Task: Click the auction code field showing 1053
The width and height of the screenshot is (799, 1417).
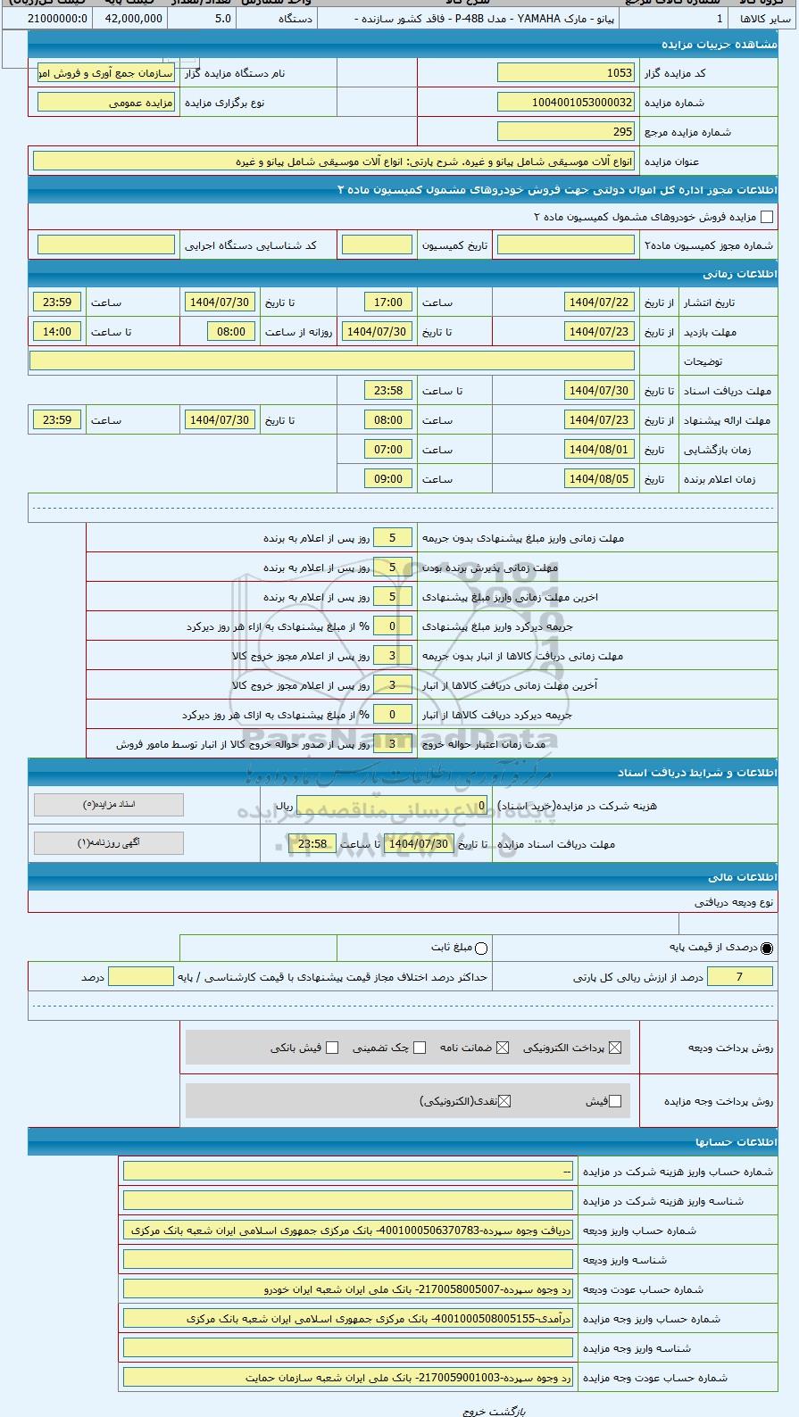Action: [x=565, y=73]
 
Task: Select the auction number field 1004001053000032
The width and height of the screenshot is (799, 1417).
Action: [x=565, y=103]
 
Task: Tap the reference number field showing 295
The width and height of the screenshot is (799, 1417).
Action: [x=565, y=132]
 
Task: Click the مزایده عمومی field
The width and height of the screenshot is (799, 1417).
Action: [x=106, y=103]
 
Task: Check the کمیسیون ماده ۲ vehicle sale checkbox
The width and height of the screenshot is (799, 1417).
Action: [x=766, y=217]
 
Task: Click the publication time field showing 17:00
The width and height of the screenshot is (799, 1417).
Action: [x=388, y=302]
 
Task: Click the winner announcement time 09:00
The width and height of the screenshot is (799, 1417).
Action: [x=388, y=479]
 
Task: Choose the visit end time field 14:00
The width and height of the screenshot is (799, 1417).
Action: [x=57, y=332]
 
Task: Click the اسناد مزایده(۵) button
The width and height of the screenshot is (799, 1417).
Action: [x=109, y=805]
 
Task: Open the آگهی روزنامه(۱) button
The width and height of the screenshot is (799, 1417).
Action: [x=109, y=843]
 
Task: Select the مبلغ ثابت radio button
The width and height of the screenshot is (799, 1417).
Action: [x=481, y=948]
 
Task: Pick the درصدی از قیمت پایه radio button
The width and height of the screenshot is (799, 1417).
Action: [x=767, y=948]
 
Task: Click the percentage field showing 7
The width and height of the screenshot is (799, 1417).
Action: [x=739, y=977]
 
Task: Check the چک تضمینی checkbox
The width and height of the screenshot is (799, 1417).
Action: [x=420, y=1048]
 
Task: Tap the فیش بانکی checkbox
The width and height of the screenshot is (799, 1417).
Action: [x=332, y=1048]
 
